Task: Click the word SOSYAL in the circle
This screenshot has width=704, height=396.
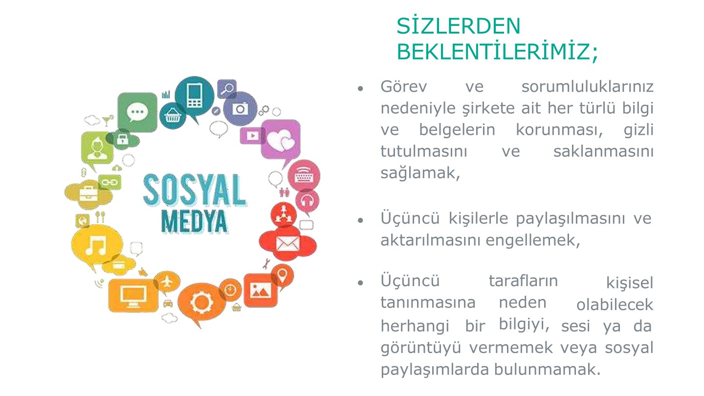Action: [195, 190]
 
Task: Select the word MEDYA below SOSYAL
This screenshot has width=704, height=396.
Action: [194, 221]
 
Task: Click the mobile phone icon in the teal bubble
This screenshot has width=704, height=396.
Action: [195, 96]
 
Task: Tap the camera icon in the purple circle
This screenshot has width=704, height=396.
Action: [240, 108]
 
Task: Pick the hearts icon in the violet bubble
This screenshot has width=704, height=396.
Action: [281, 140]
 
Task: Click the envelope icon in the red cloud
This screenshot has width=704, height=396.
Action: [287, 244]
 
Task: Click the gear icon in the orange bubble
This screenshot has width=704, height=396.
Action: [201, 302]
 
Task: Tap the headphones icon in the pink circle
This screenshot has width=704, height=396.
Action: [307, 200]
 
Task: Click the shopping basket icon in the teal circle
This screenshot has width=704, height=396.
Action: [173, 116]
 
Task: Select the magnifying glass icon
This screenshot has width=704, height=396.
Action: [227, 89]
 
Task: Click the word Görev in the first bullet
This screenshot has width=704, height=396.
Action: [403, 86]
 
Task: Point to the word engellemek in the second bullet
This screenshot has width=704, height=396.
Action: [533, 240]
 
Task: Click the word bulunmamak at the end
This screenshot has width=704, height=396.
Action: [547, 369]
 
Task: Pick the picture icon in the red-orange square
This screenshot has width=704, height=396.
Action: [260, 290]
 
